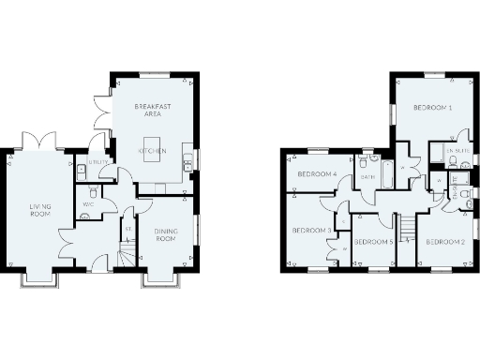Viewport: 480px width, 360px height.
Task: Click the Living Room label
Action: (39, 209)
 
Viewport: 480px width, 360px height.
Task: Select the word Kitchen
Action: (152, 150)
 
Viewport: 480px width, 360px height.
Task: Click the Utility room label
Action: (98, 162)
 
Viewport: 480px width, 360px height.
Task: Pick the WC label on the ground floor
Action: (89, 204)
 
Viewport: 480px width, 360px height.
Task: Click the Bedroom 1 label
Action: (433, 109)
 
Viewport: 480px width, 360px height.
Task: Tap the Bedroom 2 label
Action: (444, 242)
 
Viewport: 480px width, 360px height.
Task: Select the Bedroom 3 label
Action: (310, 230)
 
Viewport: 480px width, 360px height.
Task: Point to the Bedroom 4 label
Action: (317, 174)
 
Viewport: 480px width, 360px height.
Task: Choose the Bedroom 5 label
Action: (372, 242)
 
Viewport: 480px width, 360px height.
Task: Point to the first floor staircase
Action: (405, 230)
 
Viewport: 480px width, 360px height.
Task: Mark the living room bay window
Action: (38, 278)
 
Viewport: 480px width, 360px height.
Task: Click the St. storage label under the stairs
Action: (127, 228)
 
